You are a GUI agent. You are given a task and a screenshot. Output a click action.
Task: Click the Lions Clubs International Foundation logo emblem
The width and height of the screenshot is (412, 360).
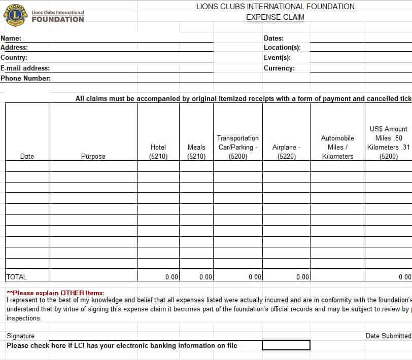[16, 16]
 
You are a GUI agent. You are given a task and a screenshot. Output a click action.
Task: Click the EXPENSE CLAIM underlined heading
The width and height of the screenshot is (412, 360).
[275, 17]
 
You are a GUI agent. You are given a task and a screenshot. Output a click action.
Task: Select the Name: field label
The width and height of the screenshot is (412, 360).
[11, 38]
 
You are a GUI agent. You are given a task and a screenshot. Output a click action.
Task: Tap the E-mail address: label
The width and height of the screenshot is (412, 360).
[25, 68]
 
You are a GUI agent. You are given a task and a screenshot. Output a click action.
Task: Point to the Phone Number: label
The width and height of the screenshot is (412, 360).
[26, 78]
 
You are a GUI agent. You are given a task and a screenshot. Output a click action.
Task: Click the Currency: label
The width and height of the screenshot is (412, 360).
[279, 68]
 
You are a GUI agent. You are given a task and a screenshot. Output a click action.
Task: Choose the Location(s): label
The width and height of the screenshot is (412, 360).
[282, 48]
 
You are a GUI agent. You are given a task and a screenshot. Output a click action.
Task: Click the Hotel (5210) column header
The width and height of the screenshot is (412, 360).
[158, 152]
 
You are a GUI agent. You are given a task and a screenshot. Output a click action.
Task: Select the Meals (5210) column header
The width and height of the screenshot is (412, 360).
[196, 152]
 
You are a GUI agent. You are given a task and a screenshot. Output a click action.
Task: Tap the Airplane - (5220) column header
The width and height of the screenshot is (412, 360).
[287, 152]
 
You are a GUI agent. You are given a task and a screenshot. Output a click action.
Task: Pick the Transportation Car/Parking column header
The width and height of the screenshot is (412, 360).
[238, 147]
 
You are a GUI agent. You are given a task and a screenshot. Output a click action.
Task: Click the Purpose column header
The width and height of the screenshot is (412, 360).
[93, 157]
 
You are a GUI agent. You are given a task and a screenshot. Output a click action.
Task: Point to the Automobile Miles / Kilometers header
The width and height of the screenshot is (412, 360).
[337, 147]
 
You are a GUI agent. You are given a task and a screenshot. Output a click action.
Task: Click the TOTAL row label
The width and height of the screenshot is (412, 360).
[17, 277]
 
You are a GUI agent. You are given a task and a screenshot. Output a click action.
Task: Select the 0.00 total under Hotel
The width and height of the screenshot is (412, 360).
[172, 277]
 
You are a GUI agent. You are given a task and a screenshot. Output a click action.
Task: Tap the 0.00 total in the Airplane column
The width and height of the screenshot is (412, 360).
[302, 277]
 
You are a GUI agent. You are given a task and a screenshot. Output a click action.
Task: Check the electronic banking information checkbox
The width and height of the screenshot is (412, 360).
[286, 345]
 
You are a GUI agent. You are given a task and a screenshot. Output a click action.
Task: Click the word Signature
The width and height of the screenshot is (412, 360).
[21, 336]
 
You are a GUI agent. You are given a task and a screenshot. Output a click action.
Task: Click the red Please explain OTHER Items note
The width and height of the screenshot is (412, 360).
[56, 293]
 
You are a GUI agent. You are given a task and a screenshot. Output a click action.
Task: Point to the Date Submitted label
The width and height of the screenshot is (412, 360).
[388, 336]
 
